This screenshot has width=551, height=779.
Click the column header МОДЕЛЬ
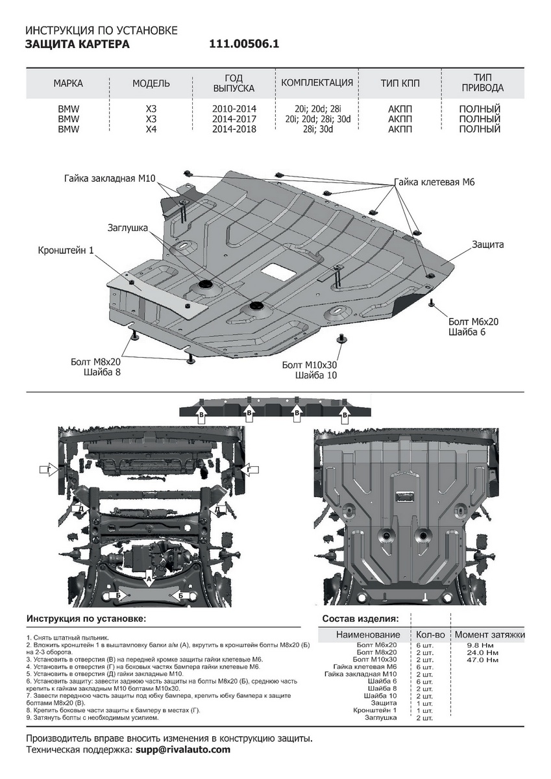tap(151, 84)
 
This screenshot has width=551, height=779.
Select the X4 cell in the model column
tap(151, 129)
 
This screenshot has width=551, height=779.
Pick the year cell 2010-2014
tap(234, 108)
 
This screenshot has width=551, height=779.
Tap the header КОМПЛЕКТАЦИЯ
tap(317, 83)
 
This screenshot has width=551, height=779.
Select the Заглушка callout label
tap(128, 228)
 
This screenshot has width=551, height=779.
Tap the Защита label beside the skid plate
tap(487, 245)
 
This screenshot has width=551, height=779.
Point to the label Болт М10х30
tap(310, 365)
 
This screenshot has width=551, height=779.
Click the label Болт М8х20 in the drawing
tap(95, 362)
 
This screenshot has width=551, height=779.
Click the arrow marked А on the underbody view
tap(149, 580)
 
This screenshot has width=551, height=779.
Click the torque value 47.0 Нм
tap(483, 660)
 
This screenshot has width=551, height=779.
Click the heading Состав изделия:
tap(360, 619)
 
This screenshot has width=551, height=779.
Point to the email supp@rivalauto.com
tap(183, 750)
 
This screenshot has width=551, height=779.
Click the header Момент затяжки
tap(489, 634)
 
